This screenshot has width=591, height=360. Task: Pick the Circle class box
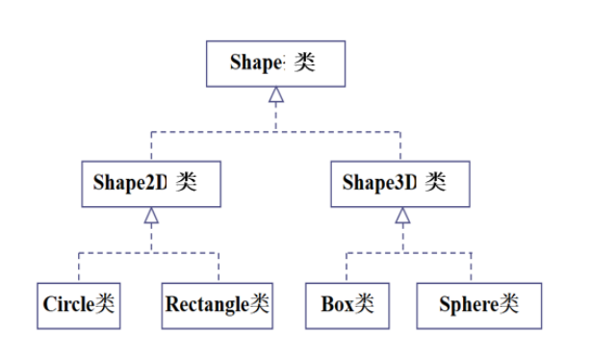[79, 304]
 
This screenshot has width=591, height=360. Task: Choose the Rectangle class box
[218, 304]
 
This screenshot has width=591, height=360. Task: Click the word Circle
[67, 305]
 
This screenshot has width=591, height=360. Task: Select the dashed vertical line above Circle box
[78, 269]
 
